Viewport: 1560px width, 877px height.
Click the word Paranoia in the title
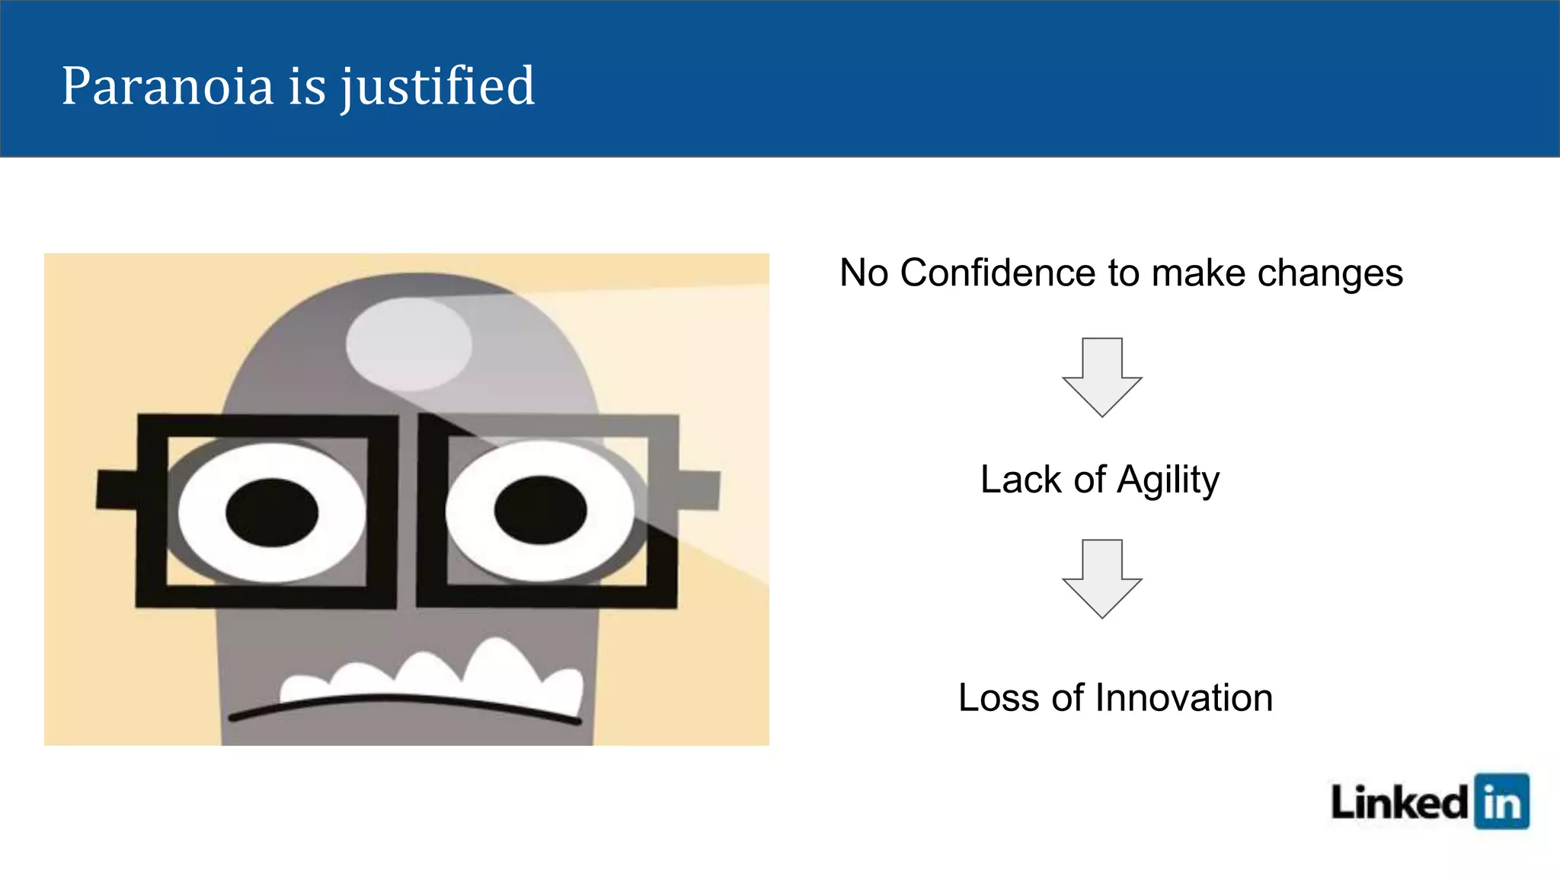coord(167,86)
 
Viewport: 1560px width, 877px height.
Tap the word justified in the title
coord(437,86)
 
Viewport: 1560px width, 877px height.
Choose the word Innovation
coord(1184,697)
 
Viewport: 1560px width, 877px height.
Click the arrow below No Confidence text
coord(1101,378)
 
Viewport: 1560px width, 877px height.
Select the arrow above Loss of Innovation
coord(1101,579)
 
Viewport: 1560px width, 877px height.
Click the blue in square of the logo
coord(1501,802)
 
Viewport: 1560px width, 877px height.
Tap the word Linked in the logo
coord(1399,802)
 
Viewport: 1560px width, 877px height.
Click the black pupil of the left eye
coord(272,512)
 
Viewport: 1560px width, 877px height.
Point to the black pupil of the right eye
coord(540,509)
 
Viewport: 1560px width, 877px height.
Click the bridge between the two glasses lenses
coord(408,510)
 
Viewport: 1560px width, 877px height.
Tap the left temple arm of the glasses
coord(117,490)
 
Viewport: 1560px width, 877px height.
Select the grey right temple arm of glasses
coord(699,490)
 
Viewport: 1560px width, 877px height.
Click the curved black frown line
coord(404,703)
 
